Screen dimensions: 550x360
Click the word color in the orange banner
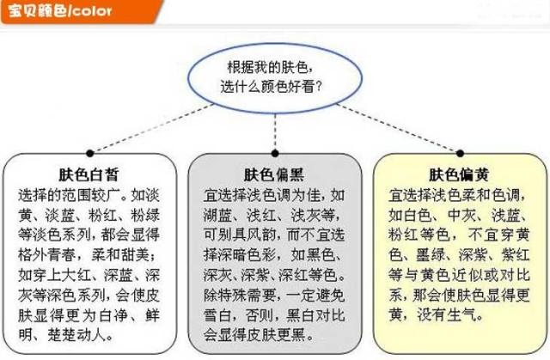[x=92, y=11]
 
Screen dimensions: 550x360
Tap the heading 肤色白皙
[x=89, y=174]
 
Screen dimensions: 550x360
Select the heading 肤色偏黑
[x=274, y=174]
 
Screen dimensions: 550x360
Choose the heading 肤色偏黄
[x=459, y=174]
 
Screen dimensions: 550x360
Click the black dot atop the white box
[x=89, y=153]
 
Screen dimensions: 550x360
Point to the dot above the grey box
[x=275, y=153]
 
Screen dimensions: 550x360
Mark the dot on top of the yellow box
[x=461, y=153]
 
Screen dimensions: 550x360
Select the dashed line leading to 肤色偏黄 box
[x=398, y=128]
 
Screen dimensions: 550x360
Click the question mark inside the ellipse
[x=319, y=86]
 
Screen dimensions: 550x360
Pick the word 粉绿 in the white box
[x=145, y=215]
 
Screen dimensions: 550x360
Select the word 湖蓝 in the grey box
[x=217, y=215]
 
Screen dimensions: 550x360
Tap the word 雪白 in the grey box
[x=217, y=315]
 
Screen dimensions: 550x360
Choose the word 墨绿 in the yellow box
[x=431, y=255]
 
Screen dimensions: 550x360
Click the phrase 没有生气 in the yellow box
[x=446, y=314]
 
